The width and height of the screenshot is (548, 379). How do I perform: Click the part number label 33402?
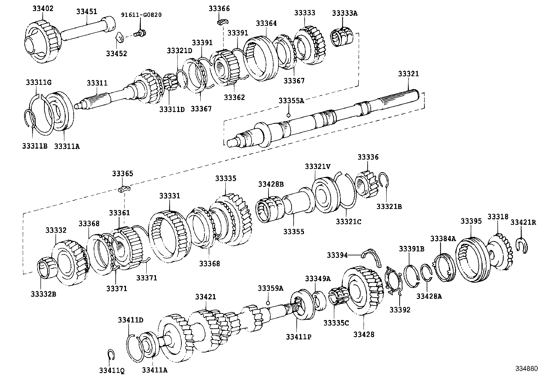pos(43,9)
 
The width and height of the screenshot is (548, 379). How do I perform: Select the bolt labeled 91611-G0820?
pos(140,33)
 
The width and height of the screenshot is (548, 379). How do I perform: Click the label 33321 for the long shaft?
pos(408,74)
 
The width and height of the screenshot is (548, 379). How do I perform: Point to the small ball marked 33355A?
pos(289,115)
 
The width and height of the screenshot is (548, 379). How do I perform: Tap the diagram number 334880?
pos(526,368)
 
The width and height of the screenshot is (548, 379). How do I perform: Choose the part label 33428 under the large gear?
pos(364,334)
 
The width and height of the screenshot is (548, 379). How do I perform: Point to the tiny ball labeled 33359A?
pos(267,302)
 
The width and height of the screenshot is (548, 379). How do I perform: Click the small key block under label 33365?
pos(124,188)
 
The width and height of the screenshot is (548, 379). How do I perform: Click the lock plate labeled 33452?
pos(119,37)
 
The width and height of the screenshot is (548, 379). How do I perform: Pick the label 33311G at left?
pos(38,82)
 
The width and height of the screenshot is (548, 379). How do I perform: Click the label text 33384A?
pos(442,238)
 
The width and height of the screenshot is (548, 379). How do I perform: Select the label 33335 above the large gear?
pos(226,178)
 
